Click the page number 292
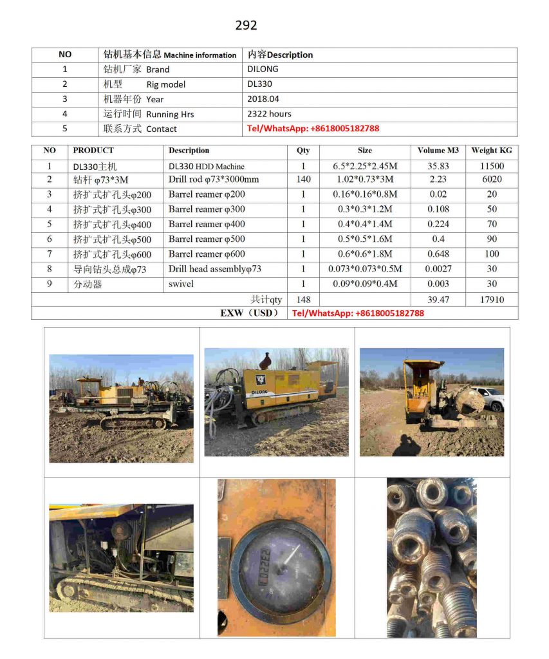pyautogui.click(x=246, y=25)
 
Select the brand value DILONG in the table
pyautogui.click(x=263, y=69)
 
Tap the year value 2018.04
pyautogui.click(x=263, y=99)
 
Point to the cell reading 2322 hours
pyautogui.click(x=269, y=114)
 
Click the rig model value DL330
pyautogui.click(x=259, y=84)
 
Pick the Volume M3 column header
pyautogui.click(x=438, y=151)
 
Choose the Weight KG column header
pyautogui.click(x=491, y=151)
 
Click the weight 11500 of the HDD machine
pyautogui.click(x=491, y=166)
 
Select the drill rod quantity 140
pyautogui.click(x=303, y=180)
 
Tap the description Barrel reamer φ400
pyautogui.click(x=207, y=224)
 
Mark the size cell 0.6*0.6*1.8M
pyautogui.click(x=364, y=254)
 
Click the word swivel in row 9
pyautogui.click(x=181, y=284)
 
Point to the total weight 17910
pyautogui.click(x=491, y=299)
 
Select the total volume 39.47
pyautogui.click(x=438, y=299)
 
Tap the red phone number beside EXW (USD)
pyautogui.click(x=358, y=313)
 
